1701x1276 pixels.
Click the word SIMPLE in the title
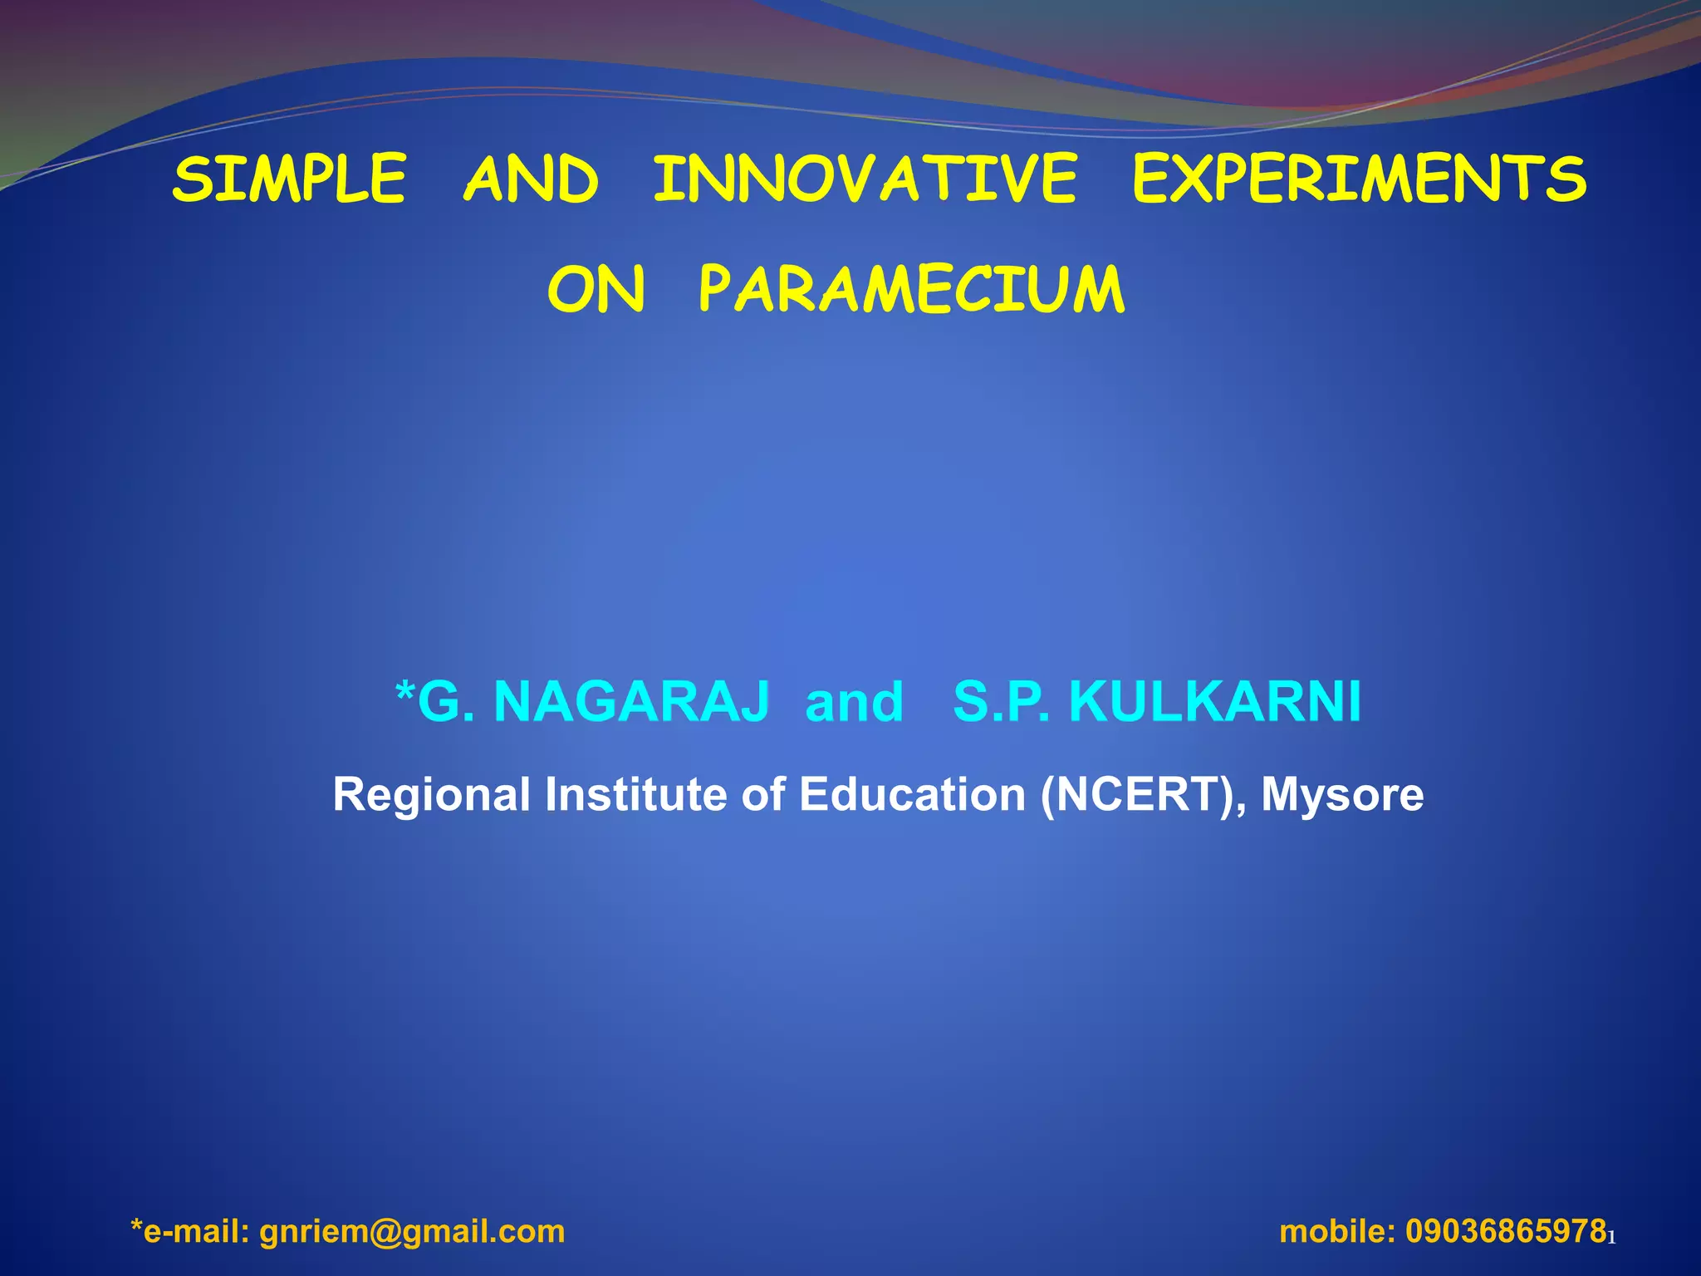click(x=289, y=179)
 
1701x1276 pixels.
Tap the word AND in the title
click(x=531, y=179)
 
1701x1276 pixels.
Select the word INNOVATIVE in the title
click(x=865, y=179)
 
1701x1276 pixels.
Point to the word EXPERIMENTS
click(x=1360, y=179)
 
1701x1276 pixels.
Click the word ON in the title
click(x=596, y=290)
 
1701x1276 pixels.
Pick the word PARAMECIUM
click(x=911, y=290)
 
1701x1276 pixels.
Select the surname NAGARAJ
click(x=631, y=702)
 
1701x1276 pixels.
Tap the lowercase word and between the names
click(x=854, y=702)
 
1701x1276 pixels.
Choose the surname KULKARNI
click(x=1214, y=702)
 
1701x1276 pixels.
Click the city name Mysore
click(x=1342, y=796)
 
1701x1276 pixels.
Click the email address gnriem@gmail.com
click(x=412, y=1230)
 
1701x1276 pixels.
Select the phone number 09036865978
click(x=1505, y=1230)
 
